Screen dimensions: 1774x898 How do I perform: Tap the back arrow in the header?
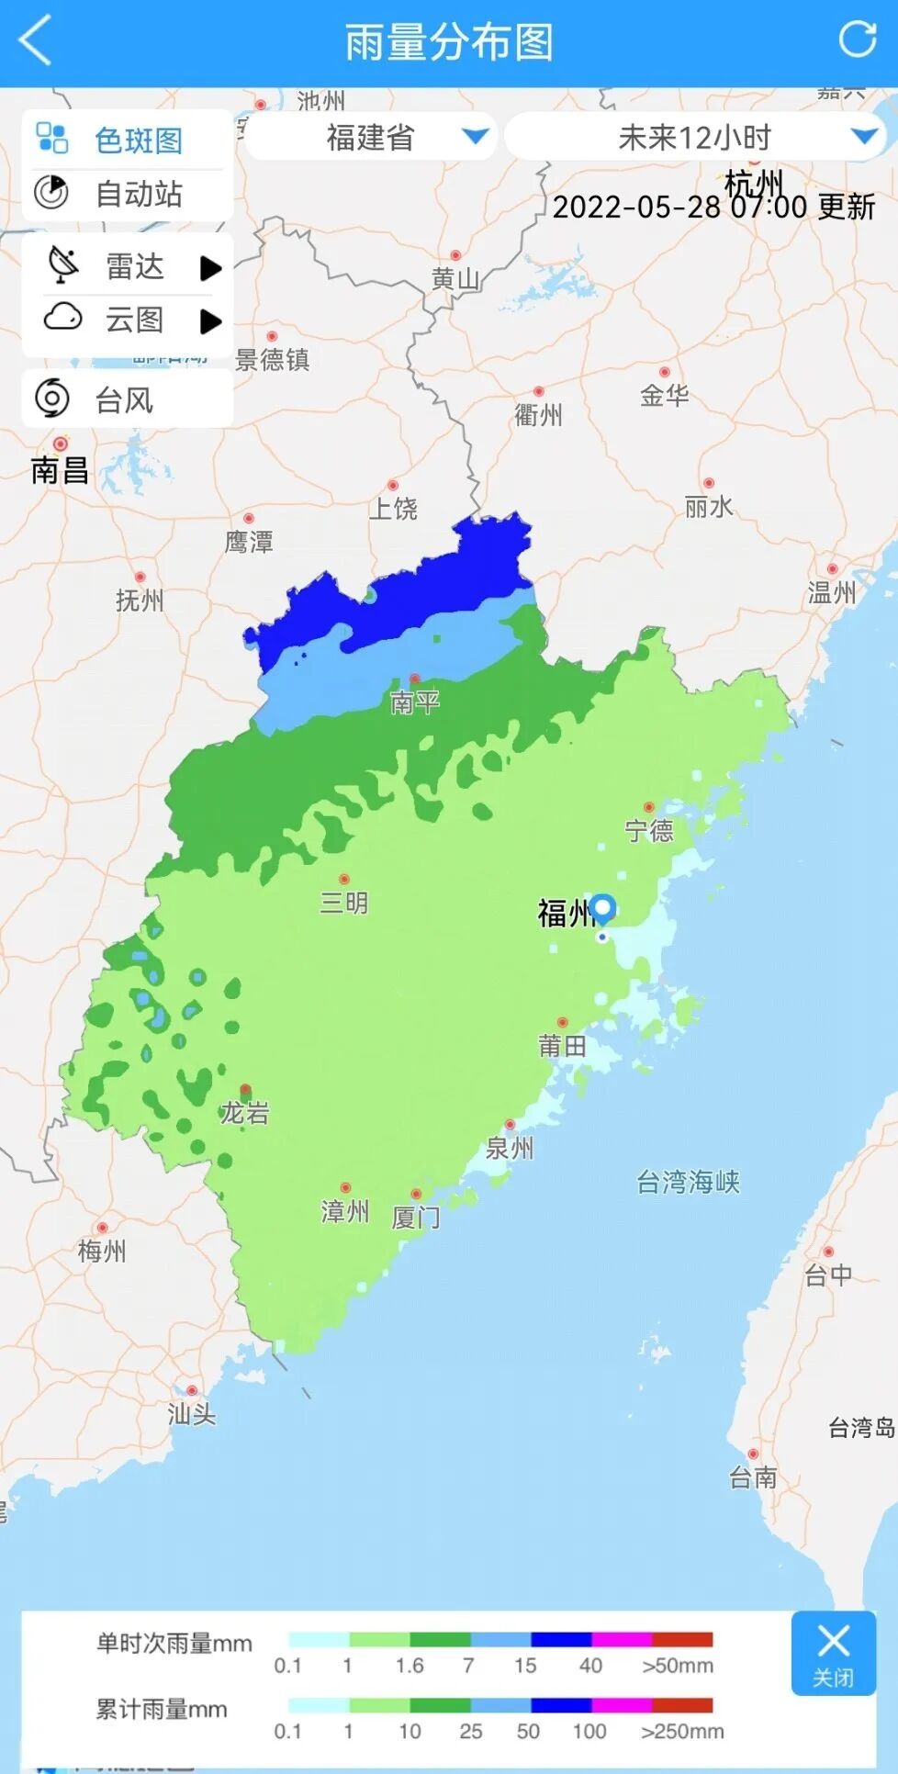coord(35,41)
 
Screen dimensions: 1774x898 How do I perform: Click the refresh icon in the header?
coord(858,39)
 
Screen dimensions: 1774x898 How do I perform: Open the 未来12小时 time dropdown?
coord(694,138)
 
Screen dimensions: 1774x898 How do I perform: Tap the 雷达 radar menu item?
coord(128,267)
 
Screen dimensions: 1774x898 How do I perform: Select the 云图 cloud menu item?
coord(128,320)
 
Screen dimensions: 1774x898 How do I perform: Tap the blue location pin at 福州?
coord(603,908)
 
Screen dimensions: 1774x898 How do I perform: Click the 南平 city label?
coord(415,702)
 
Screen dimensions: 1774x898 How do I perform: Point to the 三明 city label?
coord(344,903)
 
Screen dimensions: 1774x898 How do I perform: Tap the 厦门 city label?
coord(416,1217)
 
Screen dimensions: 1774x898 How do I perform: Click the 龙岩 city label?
coord(244,1113)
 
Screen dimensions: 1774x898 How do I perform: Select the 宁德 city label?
coord(649,831)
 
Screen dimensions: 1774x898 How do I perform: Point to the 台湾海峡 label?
coord(688,1182)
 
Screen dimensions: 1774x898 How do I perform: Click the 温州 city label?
coord(832,593)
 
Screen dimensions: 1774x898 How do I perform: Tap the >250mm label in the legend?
coord(682,1732)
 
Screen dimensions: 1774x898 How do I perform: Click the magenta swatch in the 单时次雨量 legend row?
coord(622,1639)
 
